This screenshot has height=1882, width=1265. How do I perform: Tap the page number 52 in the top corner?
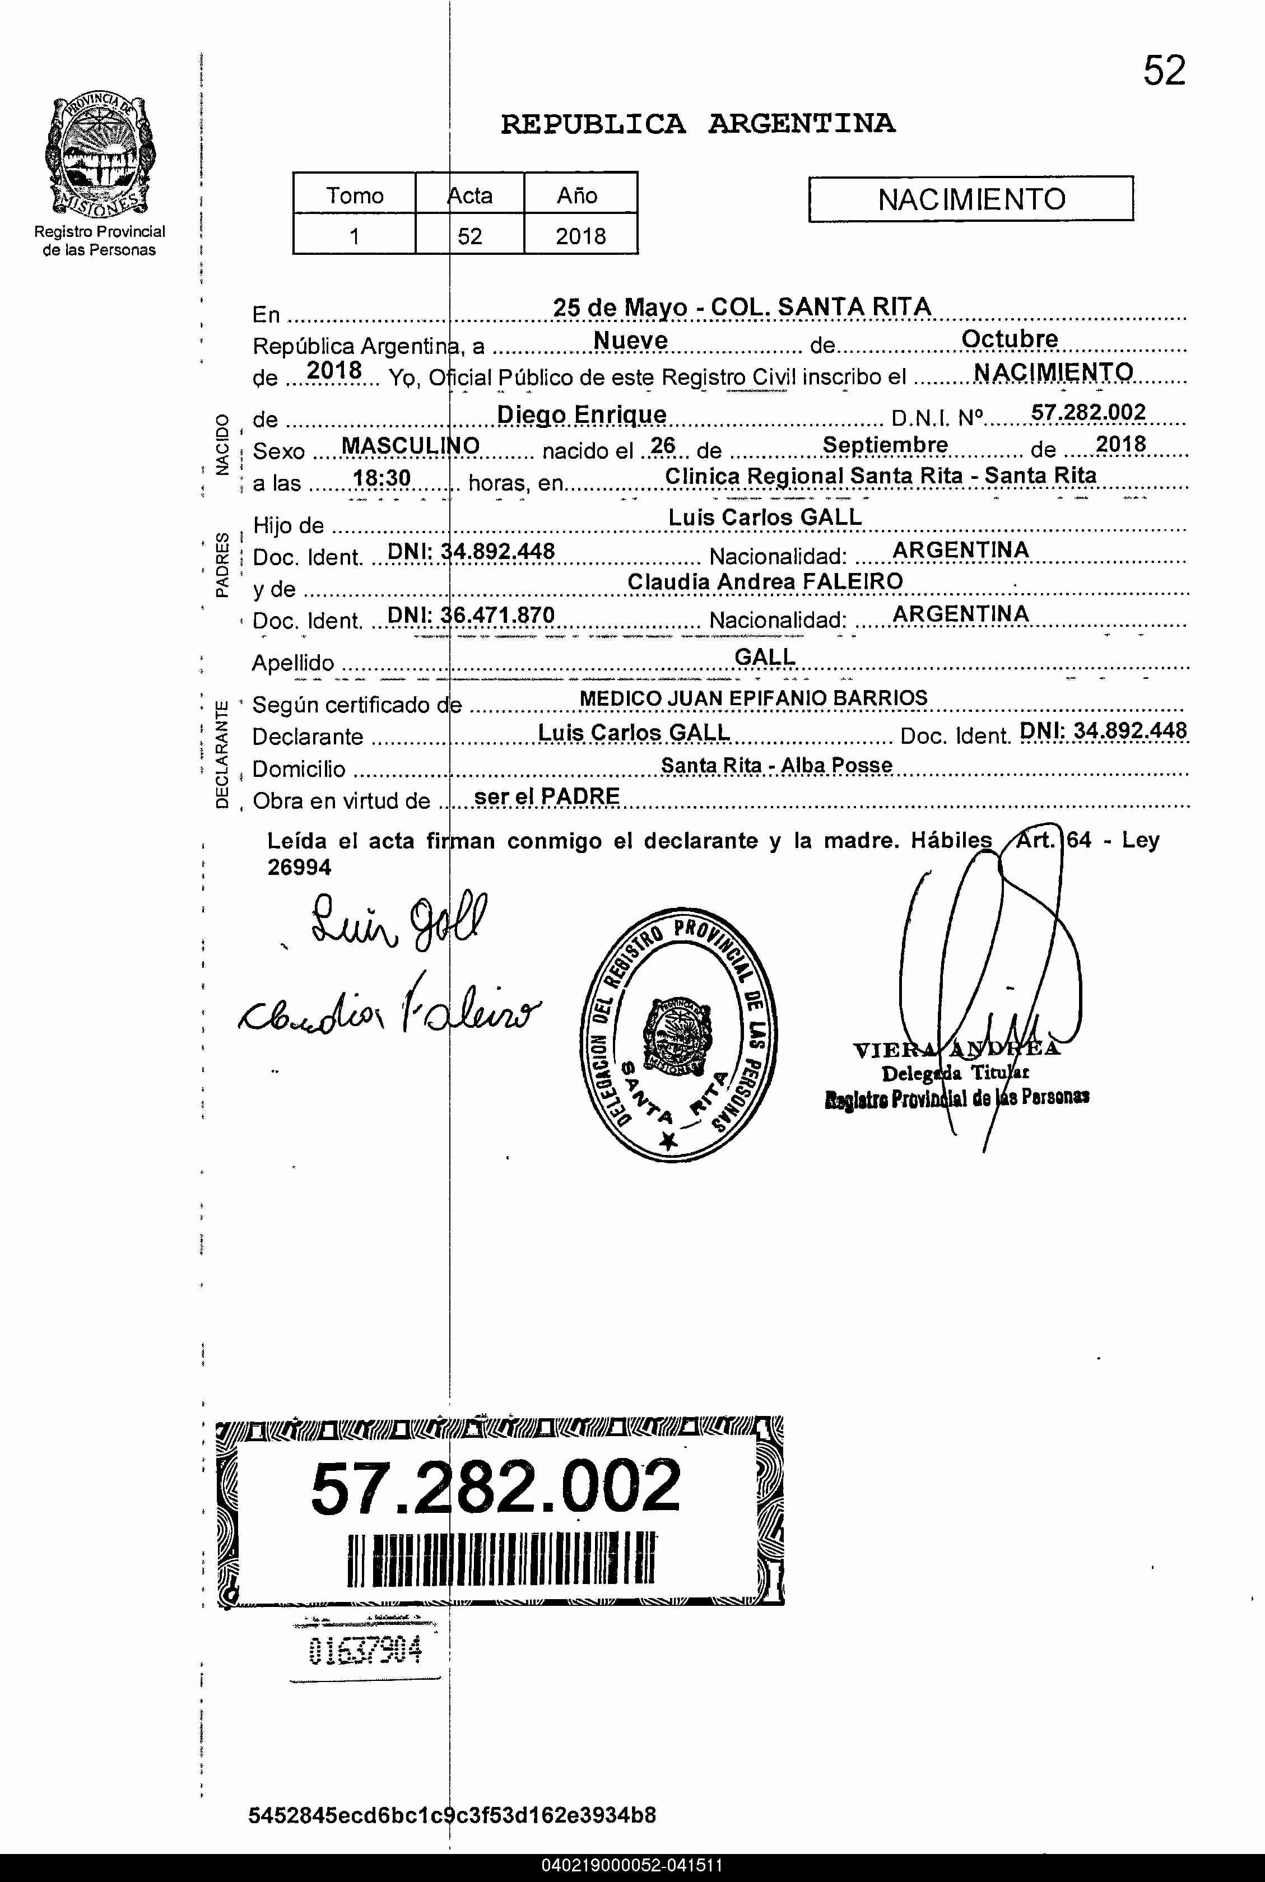pyautogui.click(x=1164, y=72)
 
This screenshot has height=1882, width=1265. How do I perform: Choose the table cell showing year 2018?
pyautogui.click(x=580, y=236)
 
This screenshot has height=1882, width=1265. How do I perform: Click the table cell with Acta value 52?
pyautogui.click(x=469, y=236)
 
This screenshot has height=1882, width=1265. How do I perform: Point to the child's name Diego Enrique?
pyautogui.click(x=581, y=414)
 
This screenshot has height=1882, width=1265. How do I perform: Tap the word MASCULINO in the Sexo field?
pyautogui.click(x=411, y=445)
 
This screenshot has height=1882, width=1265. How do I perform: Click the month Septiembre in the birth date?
pyautogui.click(x=885, y=445)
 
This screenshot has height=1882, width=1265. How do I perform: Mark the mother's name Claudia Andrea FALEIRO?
pyautogui.click(x=765, y=581)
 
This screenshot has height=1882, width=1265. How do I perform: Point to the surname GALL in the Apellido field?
pyautogui.click(x=764, y=658)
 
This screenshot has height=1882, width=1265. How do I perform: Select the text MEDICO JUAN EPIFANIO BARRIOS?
pyautogui.click(x=753, y=698)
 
